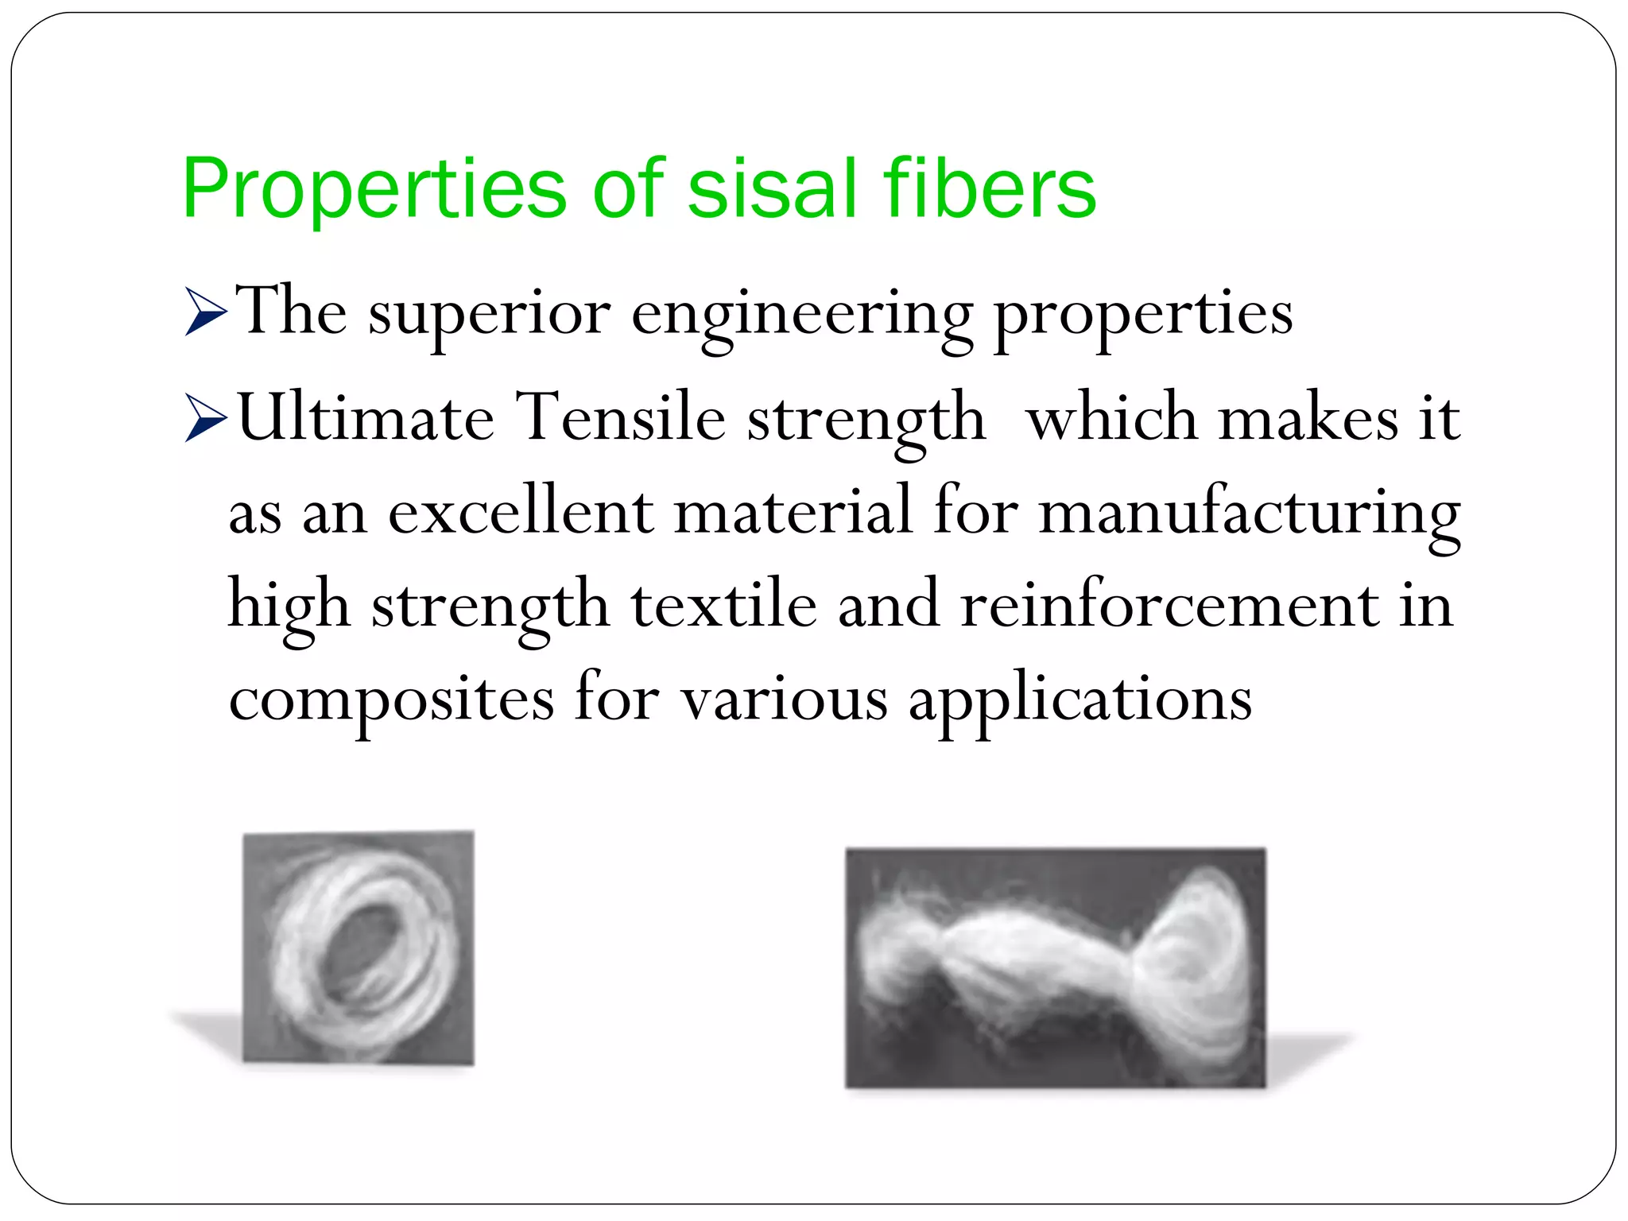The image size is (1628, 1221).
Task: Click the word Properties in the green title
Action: point(374,189)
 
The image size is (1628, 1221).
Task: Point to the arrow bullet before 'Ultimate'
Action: point(206,418)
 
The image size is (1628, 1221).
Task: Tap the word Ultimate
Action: point(366,418)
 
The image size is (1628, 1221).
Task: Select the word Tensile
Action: point(621,418)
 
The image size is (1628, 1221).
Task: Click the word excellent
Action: point(521,511)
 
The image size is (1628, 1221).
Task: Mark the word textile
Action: point(723,605)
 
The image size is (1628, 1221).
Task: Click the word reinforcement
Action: point(1169,605)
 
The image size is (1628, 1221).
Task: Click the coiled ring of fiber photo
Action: point(359,946)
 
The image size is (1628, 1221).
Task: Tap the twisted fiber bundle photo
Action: point(1055,968)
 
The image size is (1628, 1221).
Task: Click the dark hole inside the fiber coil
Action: point(362,942)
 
